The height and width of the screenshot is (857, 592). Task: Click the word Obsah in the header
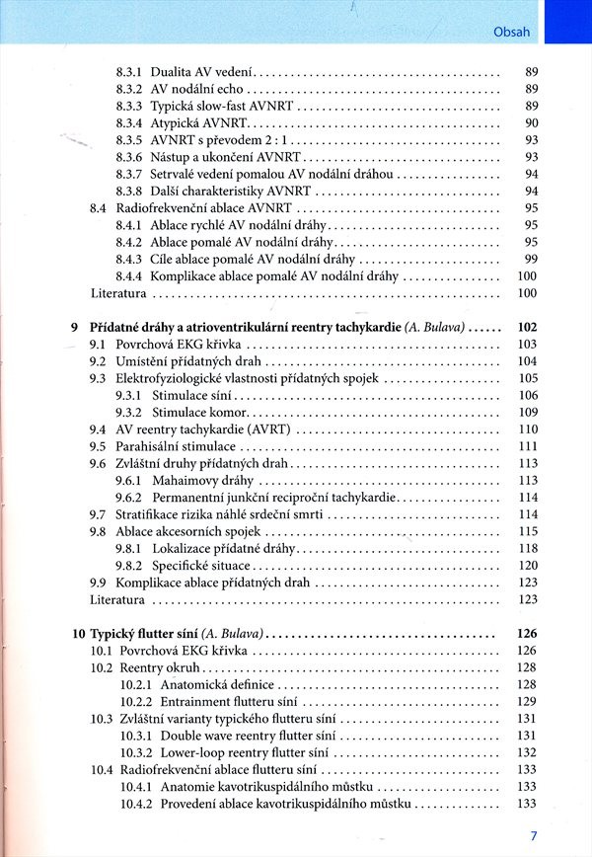coord(511,31)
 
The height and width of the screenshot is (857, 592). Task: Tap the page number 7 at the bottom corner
coord(534,835)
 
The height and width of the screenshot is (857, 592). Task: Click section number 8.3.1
coord(129,73)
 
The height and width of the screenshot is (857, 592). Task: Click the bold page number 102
coord(527,327)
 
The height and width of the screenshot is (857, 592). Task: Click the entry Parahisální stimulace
coord(176,446)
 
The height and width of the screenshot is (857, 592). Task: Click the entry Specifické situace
coord(200,566)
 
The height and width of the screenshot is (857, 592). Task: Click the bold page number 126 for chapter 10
coord(527,634)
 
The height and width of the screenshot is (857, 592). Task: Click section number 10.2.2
coord(136,701)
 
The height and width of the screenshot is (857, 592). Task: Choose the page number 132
coord(527,752)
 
